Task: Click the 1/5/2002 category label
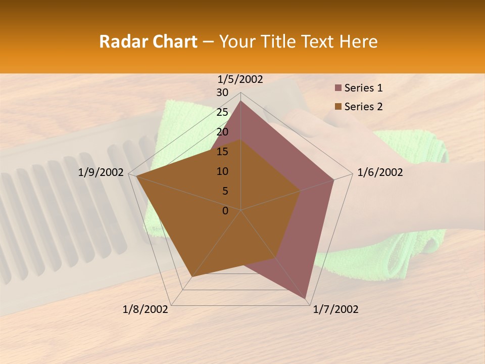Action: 240,79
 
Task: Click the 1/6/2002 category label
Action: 380,172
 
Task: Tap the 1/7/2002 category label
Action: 335,309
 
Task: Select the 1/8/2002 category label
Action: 145,309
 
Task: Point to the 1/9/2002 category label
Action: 101,172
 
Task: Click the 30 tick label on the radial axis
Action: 222,93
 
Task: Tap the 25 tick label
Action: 222,112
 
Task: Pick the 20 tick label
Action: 222,132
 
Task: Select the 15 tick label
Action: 222,152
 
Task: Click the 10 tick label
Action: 222,171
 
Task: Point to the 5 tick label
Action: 225,191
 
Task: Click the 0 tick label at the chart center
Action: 225,211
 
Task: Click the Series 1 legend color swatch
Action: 338,88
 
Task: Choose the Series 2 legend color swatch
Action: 338,107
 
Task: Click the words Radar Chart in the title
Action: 148,41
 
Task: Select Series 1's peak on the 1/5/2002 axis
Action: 240,101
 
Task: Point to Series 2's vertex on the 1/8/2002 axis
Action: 191,277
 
